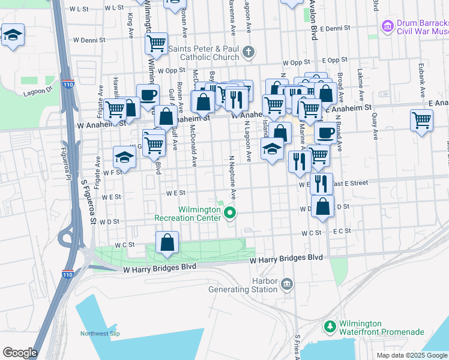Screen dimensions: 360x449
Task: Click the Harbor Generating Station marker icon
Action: [x=287, y=283]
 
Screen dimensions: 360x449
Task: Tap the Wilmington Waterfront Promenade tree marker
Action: [x=330, y=326]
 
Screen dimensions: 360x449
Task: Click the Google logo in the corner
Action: [x=20, y=353]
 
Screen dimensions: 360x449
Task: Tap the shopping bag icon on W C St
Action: [x=167, y=243]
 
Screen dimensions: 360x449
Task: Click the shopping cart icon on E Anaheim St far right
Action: [x=422, y=121]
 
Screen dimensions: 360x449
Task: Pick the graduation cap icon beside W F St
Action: [x=124, y=158]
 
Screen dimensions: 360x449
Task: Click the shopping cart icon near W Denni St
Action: [x=156, y=43]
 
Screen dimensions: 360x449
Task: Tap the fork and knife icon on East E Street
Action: [x=322, y=183]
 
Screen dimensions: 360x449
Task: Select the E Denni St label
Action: [x=335, y=28]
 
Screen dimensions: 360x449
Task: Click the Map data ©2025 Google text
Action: [x=412, y=355]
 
